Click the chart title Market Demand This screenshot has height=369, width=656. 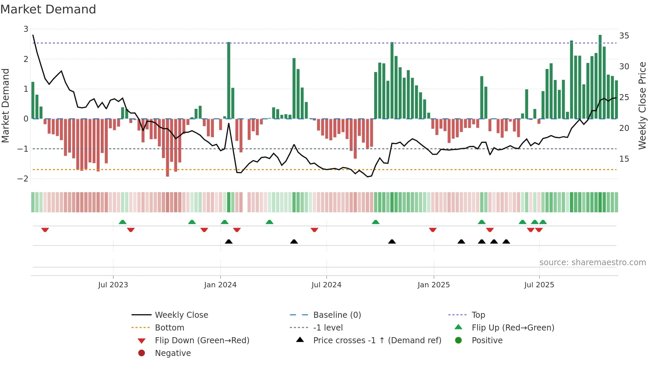click(x=48, y=9)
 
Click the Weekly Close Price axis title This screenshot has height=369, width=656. click(x=642, y=105)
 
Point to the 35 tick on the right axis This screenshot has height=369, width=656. click(x=624, y=36)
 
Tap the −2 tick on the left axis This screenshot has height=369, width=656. click(x=23, y=178)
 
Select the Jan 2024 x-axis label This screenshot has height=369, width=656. click(x=220, y=285)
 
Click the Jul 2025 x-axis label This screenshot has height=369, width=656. click(x=539, y=285)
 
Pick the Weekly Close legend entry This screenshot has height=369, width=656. click(x=181, y=315)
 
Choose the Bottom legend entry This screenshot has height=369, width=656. click(x=169, y=328)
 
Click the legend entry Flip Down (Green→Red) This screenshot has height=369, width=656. click(x=202, y=341)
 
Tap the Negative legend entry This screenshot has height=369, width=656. click(x=173, y=353)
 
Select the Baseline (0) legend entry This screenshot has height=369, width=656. click(x=337, y=315)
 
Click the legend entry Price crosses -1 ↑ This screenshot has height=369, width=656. click(x=377, y=341)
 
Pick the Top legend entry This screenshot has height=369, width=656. click(x=478, y=315)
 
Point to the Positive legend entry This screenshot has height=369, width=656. click(x=487, y=341)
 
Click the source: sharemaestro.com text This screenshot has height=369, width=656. click(x=592, y=263)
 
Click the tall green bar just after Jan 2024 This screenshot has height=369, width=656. click(x=229, y=80)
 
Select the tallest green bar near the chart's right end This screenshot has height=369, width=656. click(x=600, y=77)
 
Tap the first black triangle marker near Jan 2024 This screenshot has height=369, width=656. click(x=229, y=242)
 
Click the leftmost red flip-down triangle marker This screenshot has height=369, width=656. click(x=45, y=230)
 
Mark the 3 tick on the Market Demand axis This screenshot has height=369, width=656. click(x=26, y=29)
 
